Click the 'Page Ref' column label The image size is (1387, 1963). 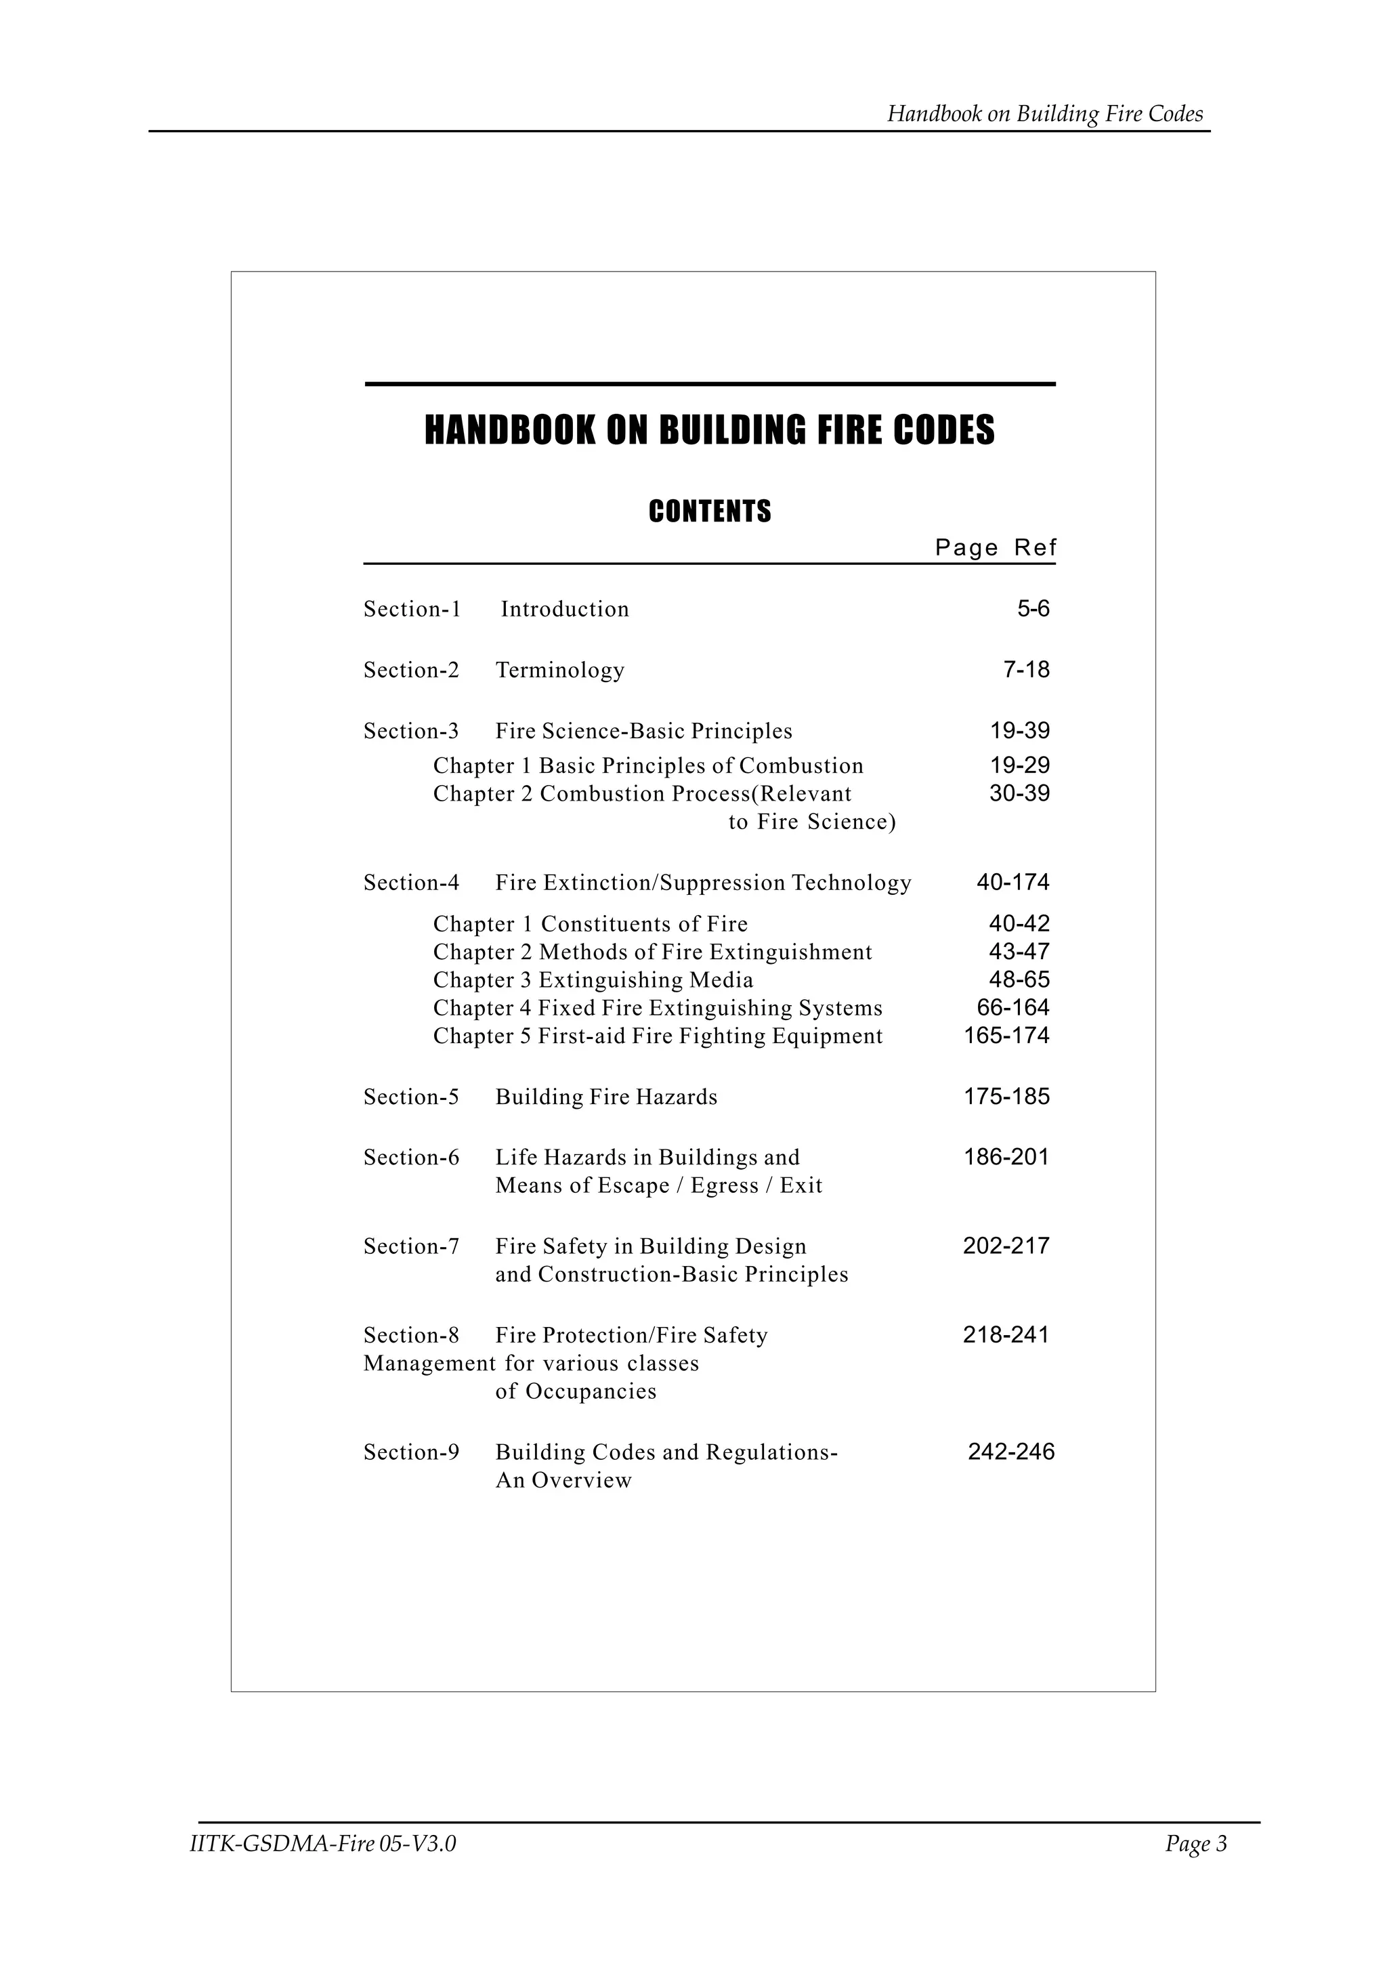point(996,547)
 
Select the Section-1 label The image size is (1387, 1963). point(412,609)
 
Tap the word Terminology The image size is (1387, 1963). point(560,671)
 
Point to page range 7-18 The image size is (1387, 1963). point(1026,669)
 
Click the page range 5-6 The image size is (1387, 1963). point(1033,609)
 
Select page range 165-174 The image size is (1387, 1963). point(1006,1036)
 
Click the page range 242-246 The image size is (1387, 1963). point(1011,1452)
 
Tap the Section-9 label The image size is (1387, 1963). point(411,1452)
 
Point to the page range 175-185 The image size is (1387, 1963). point(1006,1097)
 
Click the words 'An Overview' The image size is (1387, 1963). point(563,1481)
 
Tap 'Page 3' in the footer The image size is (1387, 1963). point(1195,1844)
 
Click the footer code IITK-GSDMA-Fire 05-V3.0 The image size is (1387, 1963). point(323,1844)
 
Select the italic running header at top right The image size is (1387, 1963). point(1044,114)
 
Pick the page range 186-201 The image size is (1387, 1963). point(1006,1158)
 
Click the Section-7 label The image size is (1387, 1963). point(411,1246)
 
